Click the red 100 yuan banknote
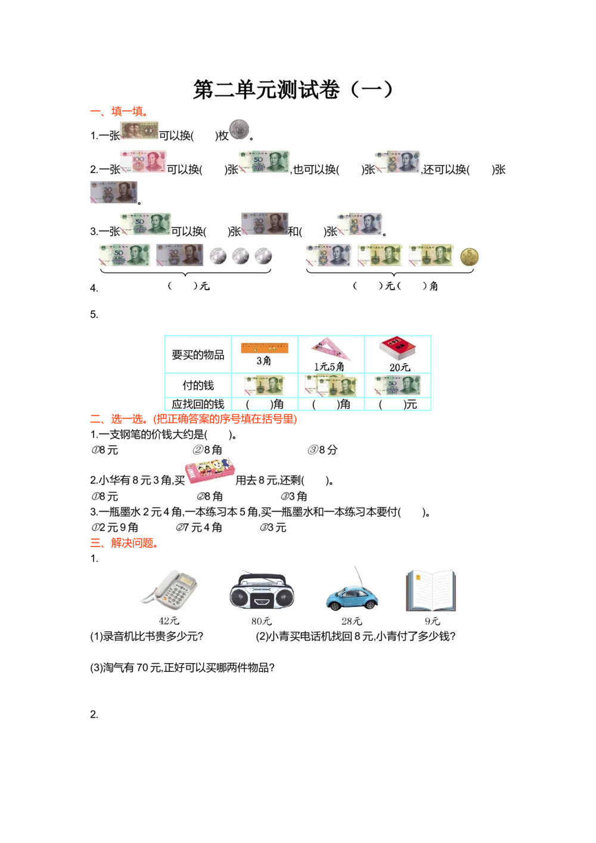(145, 162)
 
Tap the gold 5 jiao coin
(470, 257)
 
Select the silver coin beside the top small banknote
(238, 129)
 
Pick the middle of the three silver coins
(241, 256)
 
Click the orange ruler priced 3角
(264, 346)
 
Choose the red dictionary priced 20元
(399, 349)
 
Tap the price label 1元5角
(329, 367)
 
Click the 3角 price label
(263, 361)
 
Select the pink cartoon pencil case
(209, 470)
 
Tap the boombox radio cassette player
(262, 592)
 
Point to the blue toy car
(352, 597)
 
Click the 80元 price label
(261, 621)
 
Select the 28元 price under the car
(352, 621)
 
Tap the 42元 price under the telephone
(169, 621)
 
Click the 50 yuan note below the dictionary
(395, 386)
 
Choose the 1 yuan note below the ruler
(264, 385)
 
